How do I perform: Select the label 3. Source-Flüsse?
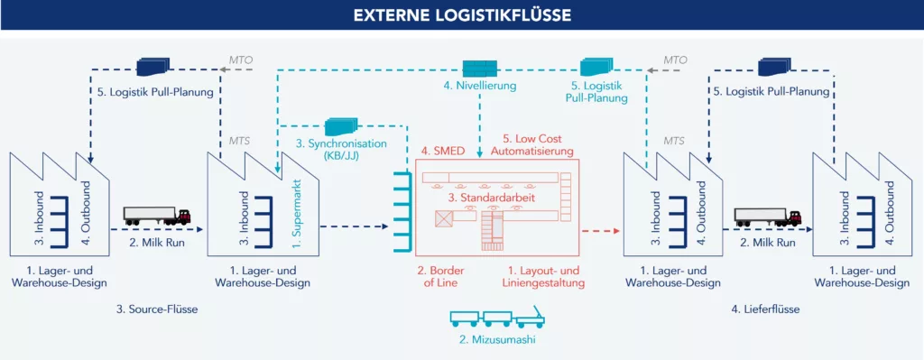(157, 309)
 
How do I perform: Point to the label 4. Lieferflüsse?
(766, 309)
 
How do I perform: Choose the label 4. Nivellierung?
(478, 87)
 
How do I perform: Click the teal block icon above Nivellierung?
(480, 68)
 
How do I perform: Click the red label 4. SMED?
(440, 151)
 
